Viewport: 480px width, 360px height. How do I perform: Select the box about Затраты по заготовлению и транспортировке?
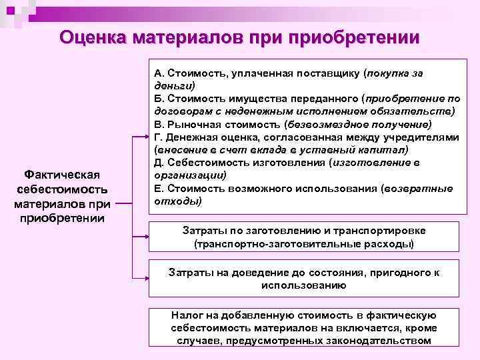pos(303,237)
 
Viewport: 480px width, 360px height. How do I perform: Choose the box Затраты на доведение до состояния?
pos(303,279)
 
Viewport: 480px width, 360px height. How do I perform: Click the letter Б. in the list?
pos(158,99)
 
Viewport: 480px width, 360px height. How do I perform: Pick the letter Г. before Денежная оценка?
pos(157,137)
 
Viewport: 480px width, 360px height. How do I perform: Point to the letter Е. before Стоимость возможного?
pos(157,188)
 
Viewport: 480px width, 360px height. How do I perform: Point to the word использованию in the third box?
pos(303,285)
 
